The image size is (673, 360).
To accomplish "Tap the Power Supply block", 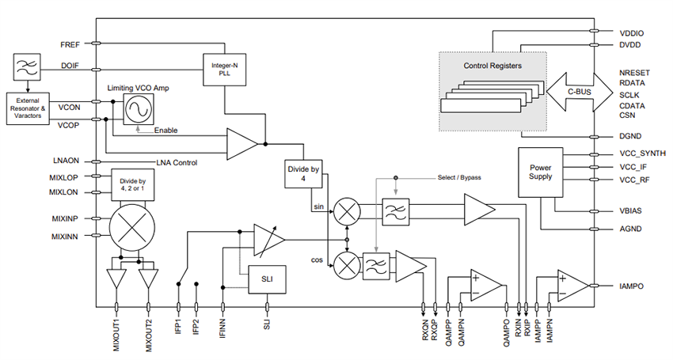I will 540,172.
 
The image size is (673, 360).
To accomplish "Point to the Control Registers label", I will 492,66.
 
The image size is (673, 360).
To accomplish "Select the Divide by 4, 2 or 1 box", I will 132,186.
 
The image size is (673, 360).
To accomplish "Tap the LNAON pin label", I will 68,161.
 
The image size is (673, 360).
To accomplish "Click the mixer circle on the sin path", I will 346,210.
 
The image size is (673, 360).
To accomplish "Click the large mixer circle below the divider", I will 133,226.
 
